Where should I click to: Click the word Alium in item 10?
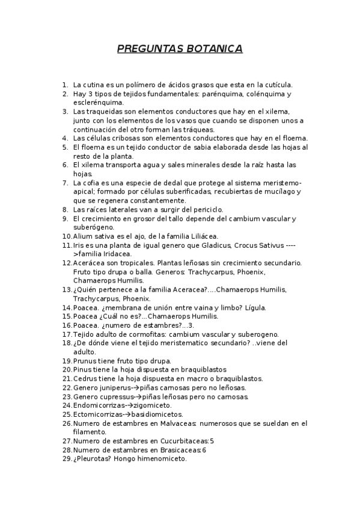[82, 236]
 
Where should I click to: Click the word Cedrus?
[85, 378]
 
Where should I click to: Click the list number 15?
[66, 316]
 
